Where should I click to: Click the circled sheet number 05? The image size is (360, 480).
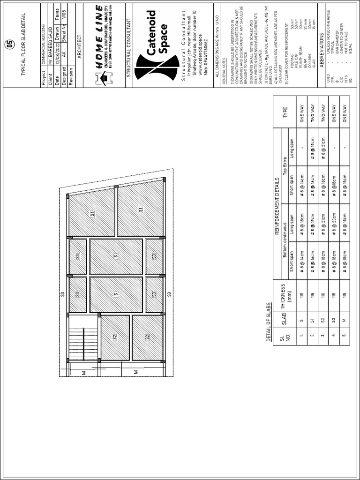click(x=9, y=45)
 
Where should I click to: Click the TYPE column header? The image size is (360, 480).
click(x=285, y=114)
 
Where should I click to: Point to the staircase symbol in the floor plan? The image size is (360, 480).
click(x=83, y=338)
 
